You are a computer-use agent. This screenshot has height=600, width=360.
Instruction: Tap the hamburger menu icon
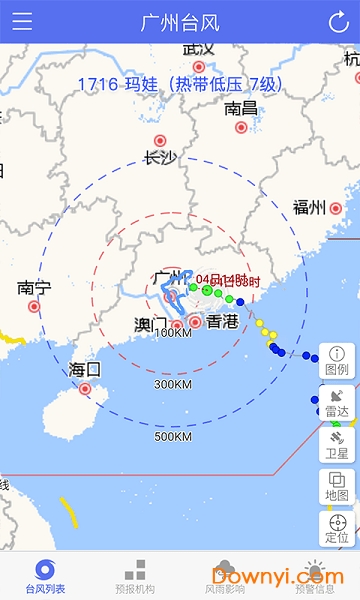tap(22, 21)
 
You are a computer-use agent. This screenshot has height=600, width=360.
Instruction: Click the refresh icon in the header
tap(338, 21)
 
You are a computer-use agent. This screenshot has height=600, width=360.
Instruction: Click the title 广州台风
tap(180, 21)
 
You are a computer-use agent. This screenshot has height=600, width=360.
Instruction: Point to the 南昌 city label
tap(241, 108)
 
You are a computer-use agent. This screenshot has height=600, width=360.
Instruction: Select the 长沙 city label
tap(160, 157)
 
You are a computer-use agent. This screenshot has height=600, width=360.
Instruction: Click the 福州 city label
tap(309, 208)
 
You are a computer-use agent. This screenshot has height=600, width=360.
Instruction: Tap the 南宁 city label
tap(34, 288)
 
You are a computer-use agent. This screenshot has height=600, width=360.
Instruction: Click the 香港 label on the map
tap(220, 321)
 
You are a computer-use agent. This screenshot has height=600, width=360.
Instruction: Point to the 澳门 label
tap(151, 324)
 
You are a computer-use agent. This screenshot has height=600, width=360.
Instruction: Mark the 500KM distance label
tap(173, 436)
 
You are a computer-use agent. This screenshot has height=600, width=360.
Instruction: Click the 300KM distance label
tap(173, 384)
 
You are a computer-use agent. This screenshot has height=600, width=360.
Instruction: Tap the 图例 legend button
tap(337, 360)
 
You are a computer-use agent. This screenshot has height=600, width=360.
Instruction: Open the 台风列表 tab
tap(45, 577)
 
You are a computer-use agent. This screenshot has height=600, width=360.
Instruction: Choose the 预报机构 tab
tap(135, 577)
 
